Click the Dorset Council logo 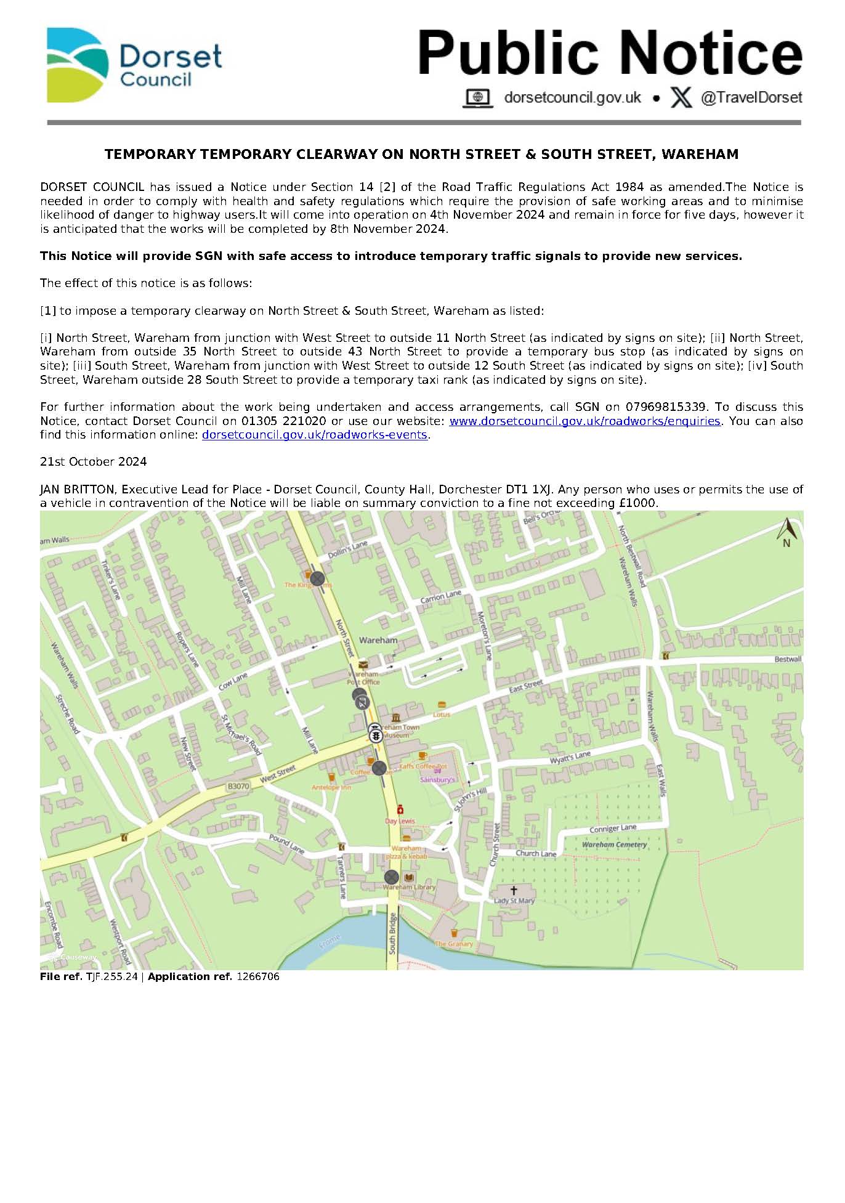[134, 65]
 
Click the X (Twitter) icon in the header [681, 97]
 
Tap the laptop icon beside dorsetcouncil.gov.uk [477, 98]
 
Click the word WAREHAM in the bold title [700, 154]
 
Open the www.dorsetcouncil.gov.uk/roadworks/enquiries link [584, 421]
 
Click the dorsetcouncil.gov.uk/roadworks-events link [315, 435]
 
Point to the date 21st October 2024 [93, 462]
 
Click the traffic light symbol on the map [374, 734]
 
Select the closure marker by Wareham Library [391, 877]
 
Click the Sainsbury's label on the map [437, 780]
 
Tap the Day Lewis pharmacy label [400, 821]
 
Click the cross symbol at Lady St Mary [514, 890]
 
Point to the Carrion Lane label [440, 597]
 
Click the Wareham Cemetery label [614, 845]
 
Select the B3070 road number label [238, 787]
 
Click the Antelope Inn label [331, 787]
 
